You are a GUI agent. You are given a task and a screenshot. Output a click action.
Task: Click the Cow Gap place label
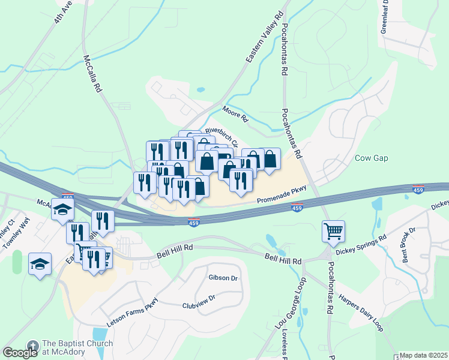click(372, 158)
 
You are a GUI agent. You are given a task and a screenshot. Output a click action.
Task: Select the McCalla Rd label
click(92, 74)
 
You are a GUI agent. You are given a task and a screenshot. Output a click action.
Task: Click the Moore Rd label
click(235, 114)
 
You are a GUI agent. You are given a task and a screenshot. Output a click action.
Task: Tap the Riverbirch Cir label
click(221, 137)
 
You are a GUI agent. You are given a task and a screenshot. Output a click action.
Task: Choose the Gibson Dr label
click(223, 278)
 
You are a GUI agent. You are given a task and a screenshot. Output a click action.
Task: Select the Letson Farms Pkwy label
click(132, 312)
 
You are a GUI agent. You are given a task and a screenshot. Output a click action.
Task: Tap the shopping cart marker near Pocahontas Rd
click(333, 230)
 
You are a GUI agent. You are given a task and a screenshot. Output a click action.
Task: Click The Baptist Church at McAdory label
click(77, 347)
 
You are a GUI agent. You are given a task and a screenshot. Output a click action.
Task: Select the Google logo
click(20, 352)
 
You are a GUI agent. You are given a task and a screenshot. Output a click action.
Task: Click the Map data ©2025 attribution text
click(424, 356)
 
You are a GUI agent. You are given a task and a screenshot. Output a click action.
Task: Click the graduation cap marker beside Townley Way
click(40, 265)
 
